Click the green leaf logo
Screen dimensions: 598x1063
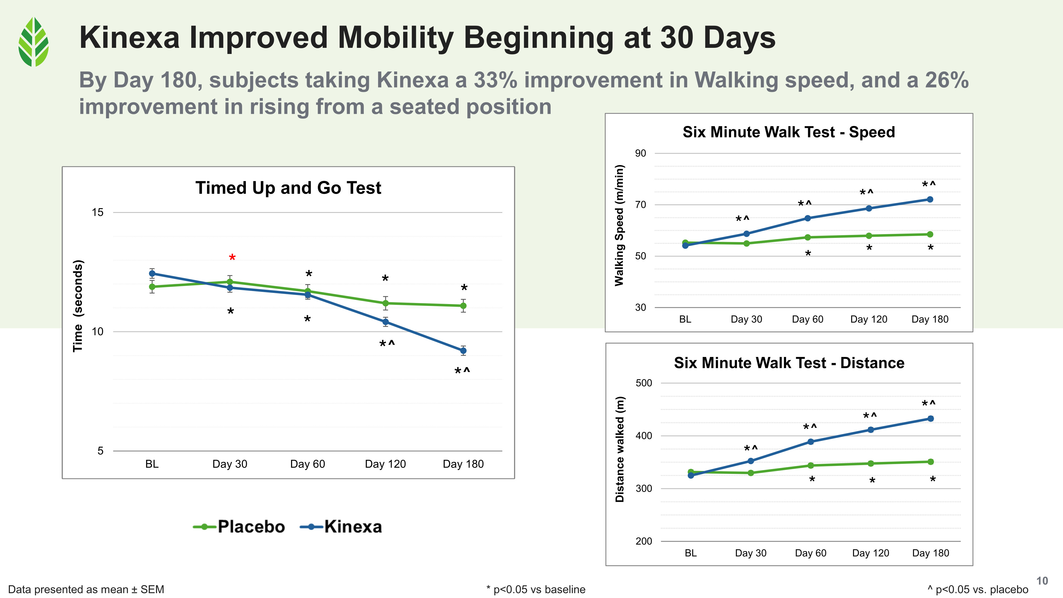pyautogui.click(x=33, y=42)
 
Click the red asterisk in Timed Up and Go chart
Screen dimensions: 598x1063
pyautogui.click(x=232, y=258)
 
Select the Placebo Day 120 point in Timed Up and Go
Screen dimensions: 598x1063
pyautogui.click(x=385, y=303)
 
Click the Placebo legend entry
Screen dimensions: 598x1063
pyautogui.click(x=239, y=527)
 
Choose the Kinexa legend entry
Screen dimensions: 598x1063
pyautogui.click(x=341, y=527)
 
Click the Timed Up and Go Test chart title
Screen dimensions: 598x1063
pyautogui.click(x=288, y=188)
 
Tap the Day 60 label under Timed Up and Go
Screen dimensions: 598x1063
pyautogui.click(x=307, y=464)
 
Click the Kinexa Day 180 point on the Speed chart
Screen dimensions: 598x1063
pyautogui.click(x=930, y=199)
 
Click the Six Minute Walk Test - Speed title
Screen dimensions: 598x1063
pyautogui.click(x=788, y=132)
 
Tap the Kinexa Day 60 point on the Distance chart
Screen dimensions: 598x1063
pyautogui.click(x=811, y=441)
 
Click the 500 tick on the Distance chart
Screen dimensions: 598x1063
pyautogui.click(x=644, y=383)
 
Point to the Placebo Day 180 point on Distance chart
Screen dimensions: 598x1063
pyautogui.click(x=931, y=462)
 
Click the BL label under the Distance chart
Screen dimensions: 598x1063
pyautogui.click(x=691, y=553)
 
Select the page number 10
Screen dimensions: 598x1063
pyautogui.click(x=1042, y=581)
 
